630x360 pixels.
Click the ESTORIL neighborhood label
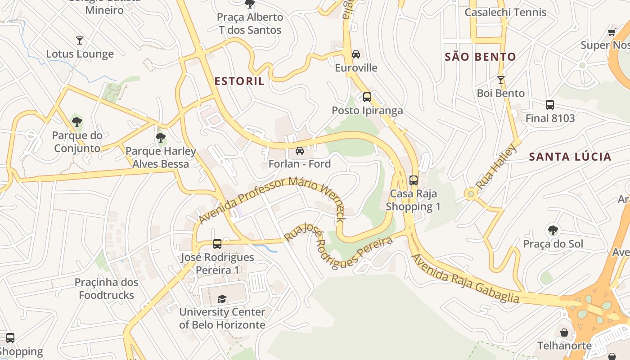pos(239,81)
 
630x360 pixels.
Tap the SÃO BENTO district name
pos(480,57)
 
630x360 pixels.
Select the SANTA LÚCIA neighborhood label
pos(570,157)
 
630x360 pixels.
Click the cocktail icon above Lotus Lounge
pos(80,40)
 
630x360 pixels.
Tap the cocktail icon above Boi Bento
pos(500,80)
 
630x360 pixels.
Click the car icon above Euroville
pos(356,54)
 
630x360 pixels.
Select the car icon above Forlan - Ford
pos(299,151)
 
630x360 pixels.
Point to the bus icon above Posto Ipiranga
pos(367,97)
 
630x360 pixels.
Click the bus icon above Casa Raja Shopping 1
pos(413,180)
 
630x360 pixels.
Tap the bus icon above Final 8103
pos(549,105)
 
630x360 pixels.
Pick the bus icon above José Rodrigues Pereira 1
pos(217,244)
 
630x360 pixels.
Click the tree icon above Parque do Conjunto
pos(77,121)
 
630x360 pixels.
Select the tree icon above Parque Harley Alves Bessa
pos(161,138)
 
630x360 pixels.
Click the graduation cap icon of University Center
pos(222,299)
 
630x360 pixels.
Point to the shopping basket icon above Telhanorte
pos(564,333)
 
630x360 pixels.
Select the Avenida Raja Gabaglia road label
pos(465,279)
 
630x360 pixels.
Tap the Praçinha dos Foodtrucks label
pos(106,289)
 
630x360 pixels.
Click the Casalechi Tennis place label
pos(505,13)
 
